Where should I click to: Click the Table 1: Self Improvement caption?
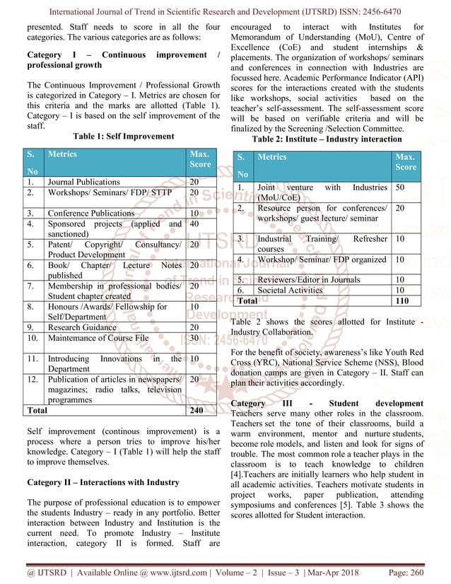pyautogui.click(x=123, y=136)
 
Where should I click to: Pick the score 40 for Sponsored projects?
pyautogui.click(x=194, y=224)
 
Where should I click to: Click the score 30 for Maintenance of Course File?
pyautogui.click(x=194, y=338)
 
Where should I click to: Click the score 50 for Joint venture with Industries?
pyautogui.click(x=400, y=187)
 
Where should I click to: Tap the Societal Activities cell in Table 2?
pyautogui.click(x=289, y=290)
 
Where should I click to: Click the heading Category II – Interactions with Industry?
pyautogui.click(x=102, y=483)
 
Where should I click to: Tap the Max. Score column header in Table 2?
pyautogui.click(x=405, y=162)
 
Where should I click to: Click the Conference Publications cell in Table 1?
pyautogui.click(x=90, y=213)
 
